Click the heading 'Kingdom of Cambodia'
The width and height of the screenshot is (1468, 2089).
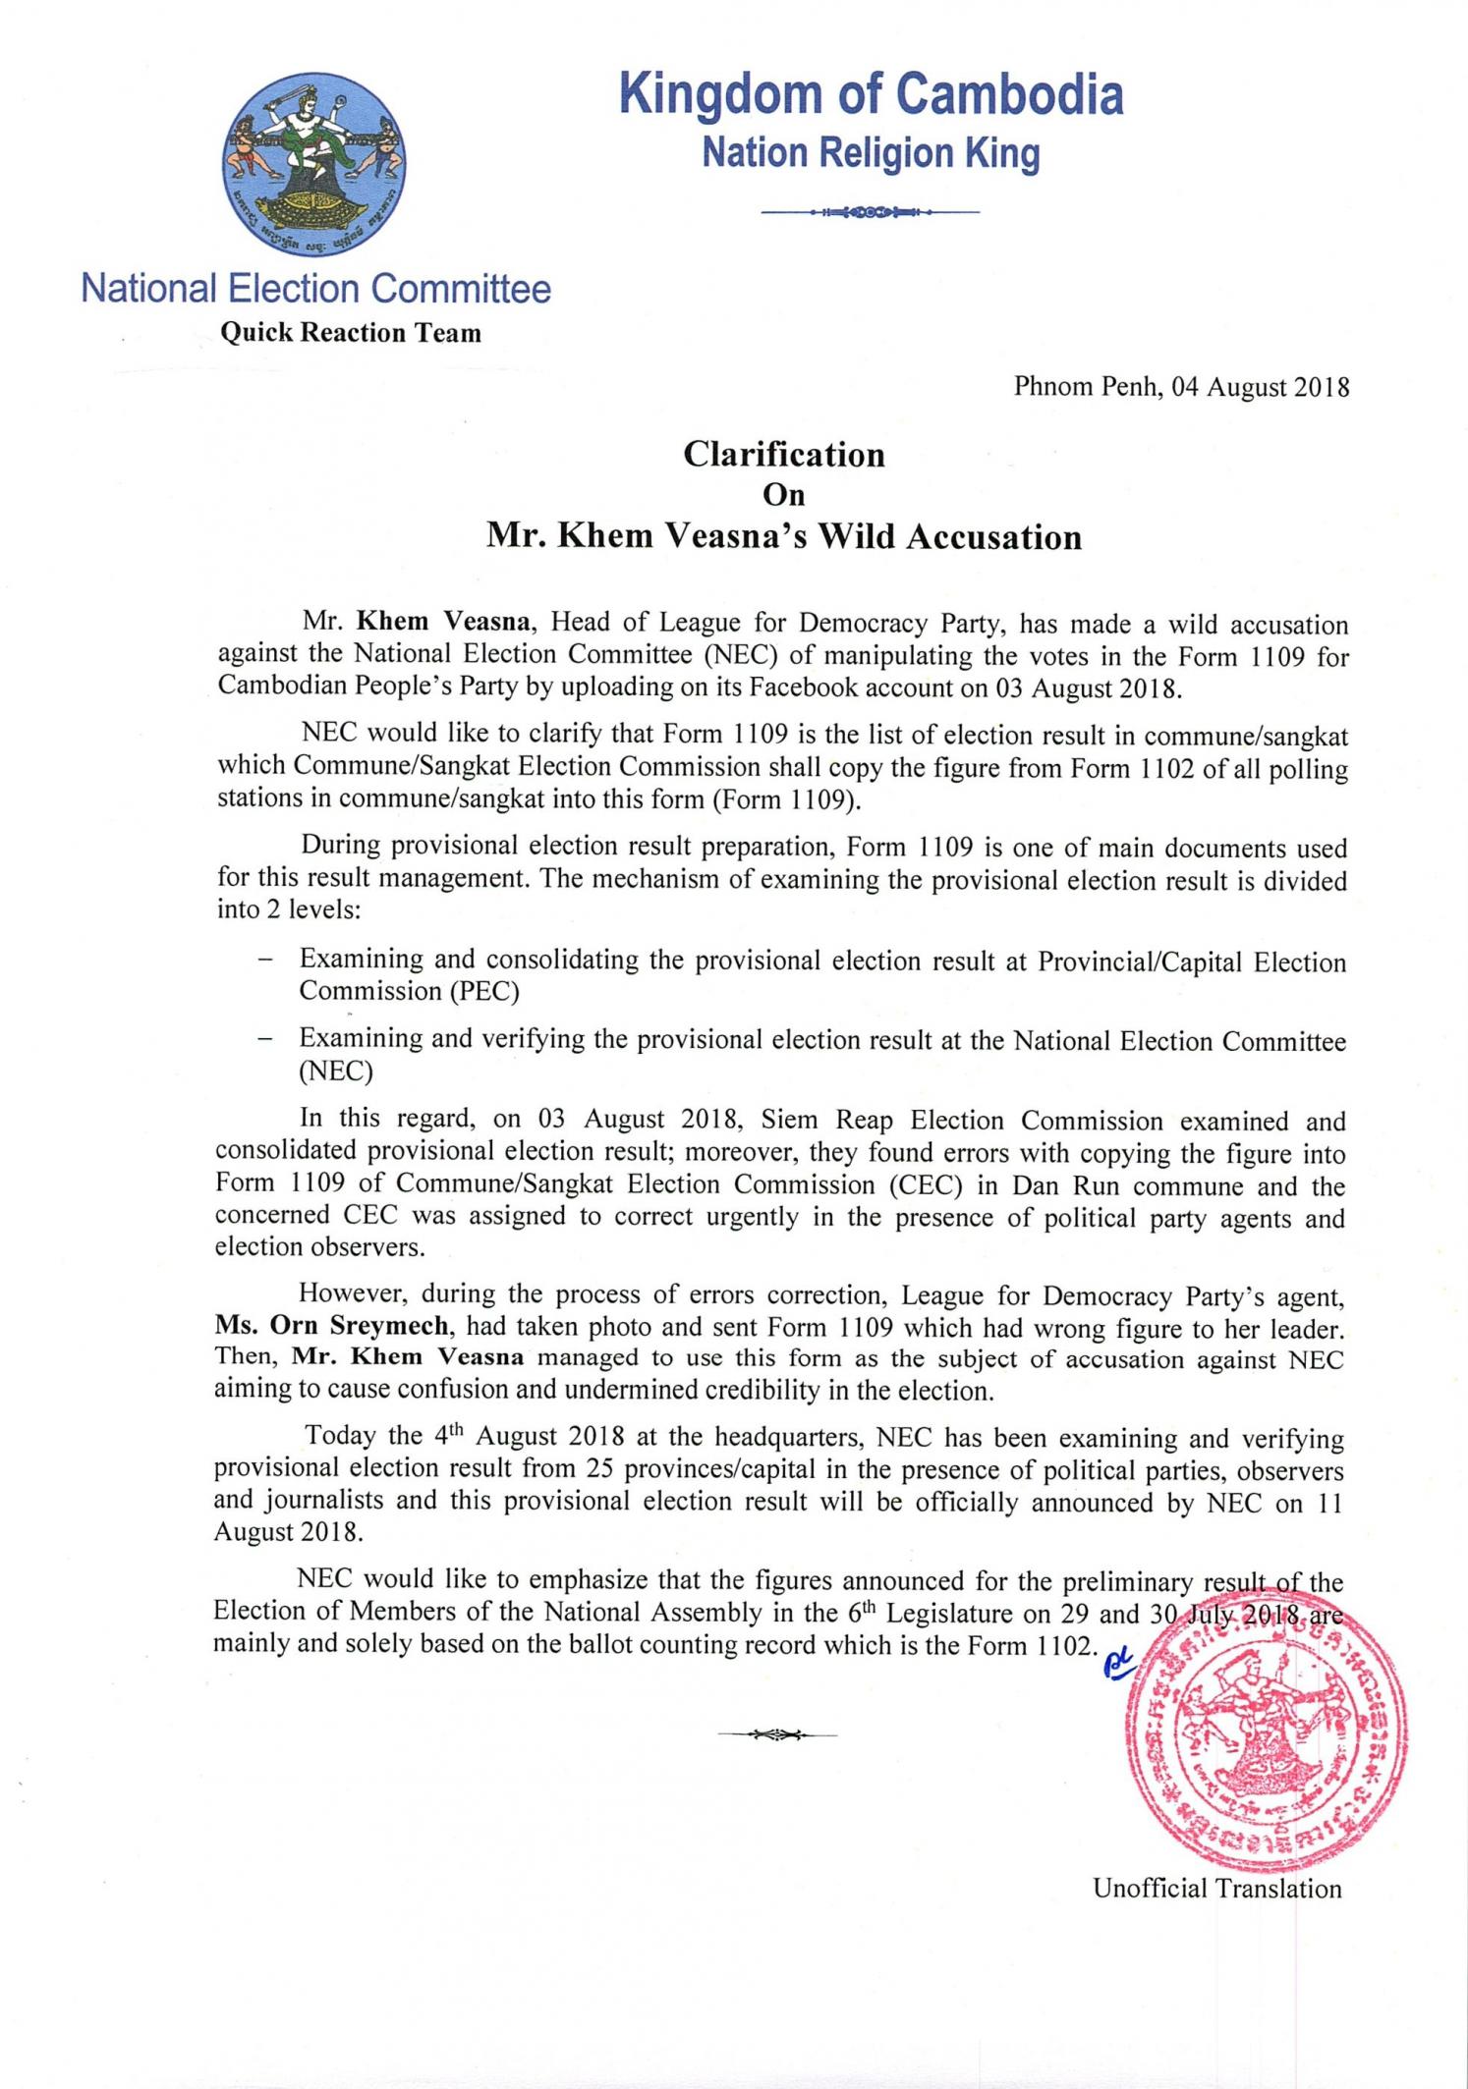click(x=871, y=96)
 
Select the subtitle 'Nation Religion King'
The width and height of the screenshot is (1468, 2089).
click(x=871, y=154)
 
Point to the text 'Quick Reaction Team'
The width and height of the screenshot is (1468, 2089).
click(x=351, y=333)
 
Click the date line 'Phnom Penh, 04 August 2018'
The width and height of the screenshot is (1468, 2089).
click(x=1181, y=387)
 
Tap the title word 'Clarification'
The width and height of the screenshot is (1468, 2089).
click(x=784, y=455)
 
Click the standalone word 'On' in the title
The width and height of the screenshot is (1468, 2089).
click(x=784, y=495)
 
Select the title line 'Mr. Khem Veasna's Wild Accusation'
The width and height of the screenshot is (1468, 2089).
click(x=784, y=537)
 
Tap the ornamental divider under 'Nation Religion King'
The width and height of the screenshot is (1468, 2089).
click(x=871, y=212)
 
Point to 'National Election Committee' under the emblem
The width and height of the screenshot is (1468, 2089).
click(x=315, y=289)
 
